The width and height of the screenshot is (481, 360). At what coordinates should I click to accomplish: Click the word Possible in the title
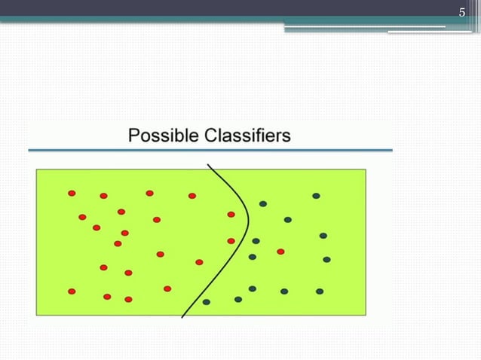point(162,136)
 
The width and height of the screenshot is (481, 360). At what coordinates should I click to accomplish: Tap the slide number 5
point(463,12)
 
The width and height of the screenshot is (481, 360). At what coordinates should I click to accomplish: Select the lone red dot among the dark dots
point(280,252)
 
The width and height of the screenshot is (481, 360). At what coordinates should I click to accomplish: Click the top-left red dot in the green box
point(72,193)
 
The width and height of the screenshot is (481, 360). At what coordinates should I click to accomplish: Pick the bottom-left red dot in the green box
point(72,291)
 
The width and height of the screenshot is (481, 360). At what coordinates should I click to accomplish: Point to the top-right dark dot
point(316,196)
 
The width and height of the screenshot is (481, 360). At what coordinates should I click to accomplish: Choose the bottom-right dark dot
point(320,291)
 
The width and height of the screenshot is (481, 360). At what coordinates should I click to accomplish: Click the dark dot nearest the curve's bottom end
point(206,302)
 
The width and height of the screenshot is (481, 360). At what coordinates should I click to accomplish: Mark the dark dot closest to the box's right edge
point(326,259)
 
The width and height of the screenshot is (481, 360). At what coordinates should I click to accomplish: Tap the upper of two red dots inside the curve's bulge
point(231,215)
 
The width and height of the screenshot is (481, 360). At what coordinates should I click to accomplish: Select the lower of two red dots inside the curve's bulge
point(231,241)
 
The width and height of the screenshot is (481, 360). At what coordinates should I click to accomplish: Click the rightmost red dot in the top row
point(192,196)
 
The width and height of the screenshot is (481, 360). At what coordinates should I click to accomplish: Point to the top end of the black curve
point(207,164)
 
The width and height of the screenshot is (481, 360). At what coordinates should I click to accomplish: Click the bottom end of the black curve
point(182,317)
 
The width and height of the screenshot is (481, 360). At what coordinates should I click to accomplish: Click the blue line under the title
point(210,151)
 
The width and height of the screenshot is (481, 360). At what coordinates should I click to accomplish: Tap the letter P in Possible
point(134,136)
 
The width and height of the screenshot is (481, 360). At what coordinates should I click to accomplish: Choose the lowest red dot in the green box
point(128,299)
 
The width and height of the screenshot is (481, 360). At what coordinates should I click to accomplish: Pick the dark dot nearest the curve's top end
point(263,203)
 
